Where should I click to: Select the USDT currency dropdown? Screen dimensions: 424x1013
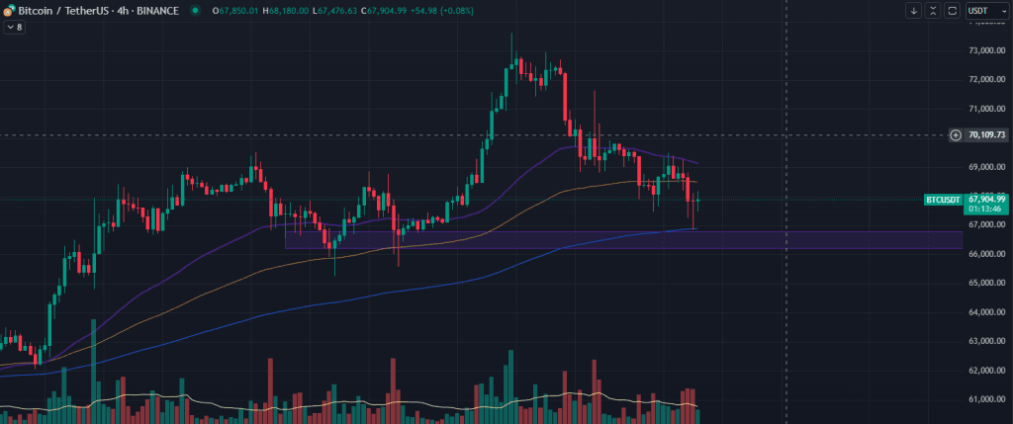click(x=978, y=11)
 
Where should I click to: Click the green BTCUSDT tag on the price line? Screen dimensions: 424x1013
click(x=942, y=200)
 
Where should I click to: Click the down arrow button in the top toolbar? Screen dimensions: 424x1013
click(x=913, y=11)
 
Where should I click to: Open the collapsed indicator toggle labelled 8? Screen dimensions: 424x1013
click(x=14, y=27)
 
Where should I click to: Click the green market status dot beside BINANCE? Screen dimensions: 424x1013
click(x=194, y=10)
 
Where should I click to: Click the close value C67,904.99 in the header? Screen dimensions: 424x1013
click(x=384, y=10)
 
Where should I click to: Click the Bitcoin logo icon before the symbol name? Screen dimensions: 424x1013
click(x=9, y=10)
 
